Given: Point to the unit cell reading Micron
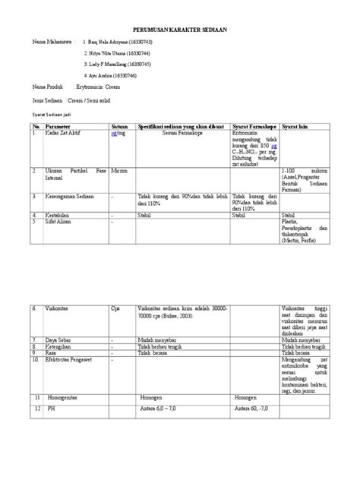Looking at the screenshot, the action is (118, 172).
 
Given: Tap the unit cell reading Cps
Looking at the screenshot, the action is (115, 309).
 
